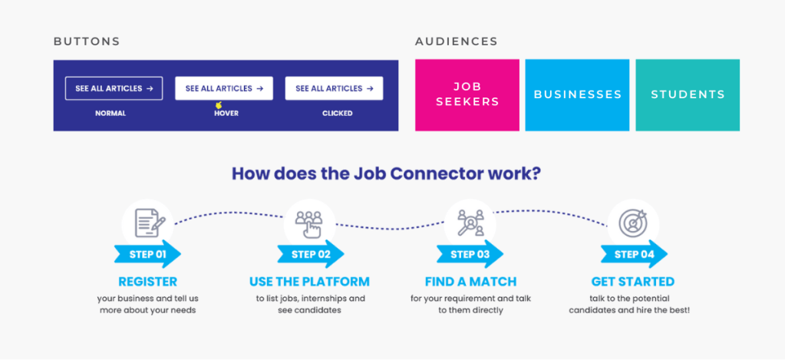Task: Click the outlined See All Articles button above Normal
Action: click(114, 88)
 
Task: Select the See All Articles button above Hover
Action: click(224, 88)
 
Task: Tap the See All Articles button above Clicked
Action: click(334, 88)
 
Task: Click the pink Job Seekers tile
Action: click(467, 94)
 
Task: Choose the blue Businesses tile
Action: click(577, 94)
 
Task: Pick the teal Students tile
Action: click(688, 94)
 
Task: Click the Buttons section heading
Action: click(87, 41)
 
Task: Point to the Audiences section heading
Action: click(457, 41)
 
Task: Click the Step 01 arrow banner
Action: click(147, 254)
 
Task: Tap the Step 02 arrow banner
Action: click(310, 254)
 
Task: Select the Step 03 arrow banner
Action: click(470, 254)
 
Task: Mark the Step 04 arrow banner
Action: click(633, 254)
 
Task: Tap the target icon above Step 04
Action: click(633, 222)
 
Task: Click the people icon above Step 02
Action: click(309, 223)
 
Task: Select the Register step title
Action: click(147, 282)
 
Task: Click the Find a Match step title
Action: click(470, 282)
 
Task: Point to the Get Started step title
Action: click(633, 282)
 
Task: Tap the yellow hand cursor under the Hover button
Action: click(219, 105)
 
